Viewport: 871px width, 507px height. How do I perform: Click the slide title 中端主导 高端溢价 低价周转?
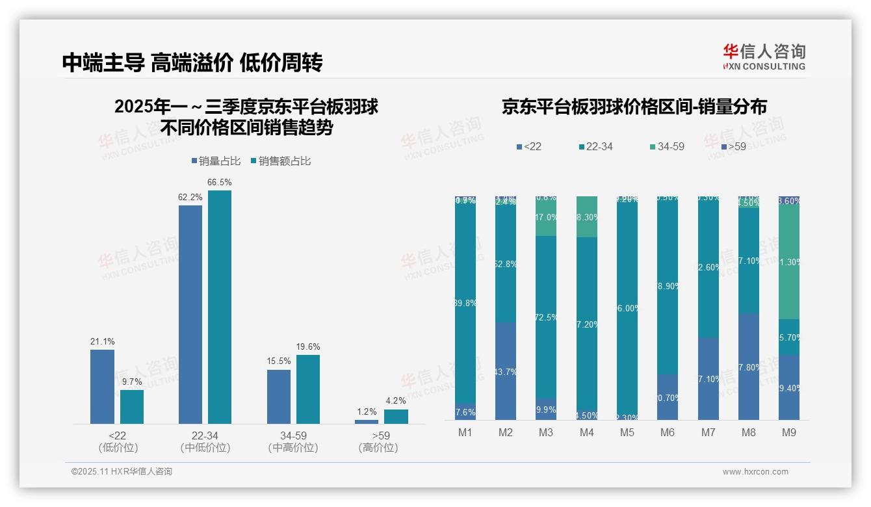[x=192, y=62]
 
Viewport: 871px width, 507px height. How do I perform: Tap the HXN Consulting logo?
[x=764, y=57]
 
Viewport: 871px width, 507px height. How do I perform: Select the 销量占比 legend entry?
[x=218, y=161]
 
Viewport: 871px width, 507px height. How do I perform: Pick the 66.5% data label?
[x=220, y=182]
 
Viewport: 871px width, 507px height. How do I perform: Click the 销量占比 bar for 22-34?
[x=190, y=315]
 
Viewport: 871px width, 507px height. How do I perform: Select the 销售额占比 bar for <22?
[x=132, y=407]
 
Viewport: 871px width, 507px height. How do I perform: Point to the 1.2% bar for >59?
[x=367, y=422]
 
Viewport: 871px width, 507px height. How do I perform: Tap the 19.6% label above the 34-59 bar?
[x=308, y=346]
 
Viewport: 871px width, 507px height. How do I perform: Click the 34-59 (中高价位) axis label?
[x=292, y=441]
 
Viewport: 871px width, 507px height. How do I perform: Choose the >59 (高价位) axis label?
[x=378, y=441]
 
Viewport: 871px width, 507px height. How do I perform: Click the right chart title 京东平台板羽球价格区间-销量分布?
[x=634, y=107]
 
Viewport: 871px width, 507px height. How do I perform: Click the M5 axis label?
[x=627, y=432]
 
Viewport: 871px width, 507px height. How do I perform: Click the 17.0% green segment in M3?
[x=546, y=218]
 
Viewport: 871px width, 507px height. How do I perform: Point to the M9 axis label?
[x=788, y=432]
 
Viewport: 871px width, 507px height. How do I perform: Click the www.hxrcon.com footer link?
[x=755, y=472]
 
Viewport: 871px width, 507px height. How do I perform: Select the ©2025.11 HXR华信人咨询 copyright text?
[x=122, y=472]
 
